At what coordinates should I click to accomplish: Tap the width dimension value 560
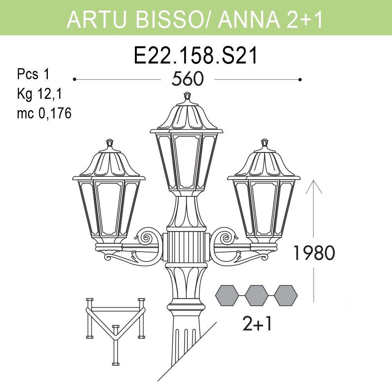tap(188, 79)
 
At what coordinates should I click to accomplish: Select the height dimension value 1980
tap(314, 254)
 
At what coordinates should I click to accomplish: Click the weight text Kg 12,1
tap(40, 94)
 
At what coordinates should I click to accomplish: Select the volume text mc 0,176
tap(44, 114)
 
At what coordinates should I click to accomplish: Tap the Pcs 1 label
tap(33, 74)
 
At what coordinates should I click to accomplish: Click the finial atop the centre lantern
tap(187, 96)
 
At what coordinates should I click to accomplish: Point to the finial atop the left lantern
tap(110, 142)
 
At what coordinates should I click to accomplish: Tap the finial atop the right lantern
tap(265, 142)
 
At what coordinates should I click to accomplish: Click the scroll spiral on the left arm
tap(148, 237)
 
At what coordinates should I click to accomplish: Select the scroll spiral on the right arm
tap(226, 237)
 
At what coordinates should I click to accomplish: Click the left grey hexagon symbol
tap(227, 295)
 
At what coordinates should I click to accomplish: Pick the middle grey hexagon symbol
tap(256, 295)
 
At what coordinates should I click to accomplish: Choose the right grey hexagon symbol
tap(286, 295)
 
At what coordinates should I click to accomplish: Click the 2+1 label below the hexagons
tap(257, 324)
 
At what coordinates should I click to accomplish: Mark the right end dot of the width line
tap(300, 80)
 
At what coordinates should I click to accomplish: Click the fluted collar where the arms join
tap(187, 247)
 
